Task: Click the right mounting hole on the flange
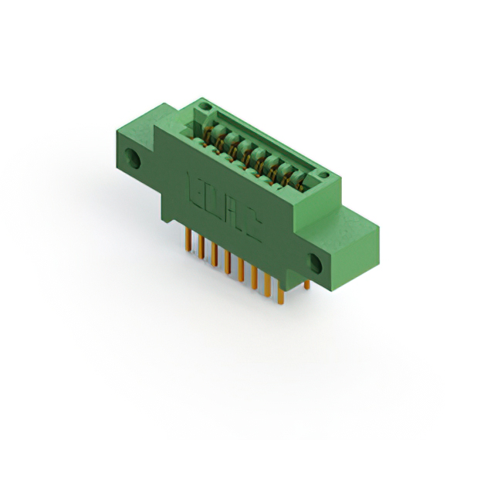(316, 262)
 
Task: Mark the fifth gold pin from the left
(241, 272)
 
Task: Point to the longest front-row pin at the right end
(282, 295)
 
